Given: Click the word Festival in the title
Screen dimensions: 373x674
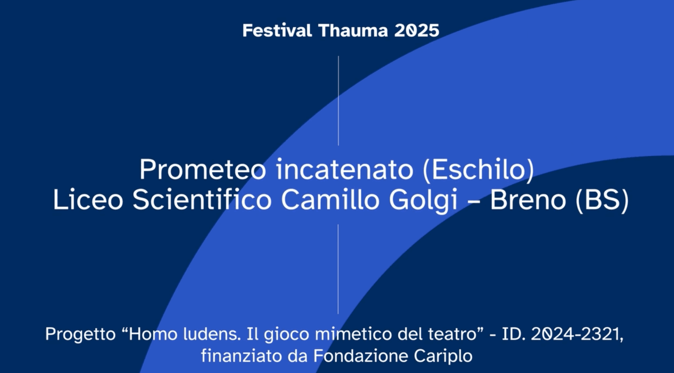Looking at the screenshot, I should click(277, 31).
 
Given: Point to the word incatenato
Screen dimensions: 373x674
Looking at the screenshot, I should click(344, 169).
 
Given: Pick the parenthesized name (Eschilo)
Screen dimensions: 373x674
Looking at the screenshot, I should click(478, 169).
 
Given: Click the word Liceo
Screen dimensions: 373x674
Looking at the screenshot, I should click(88, 200).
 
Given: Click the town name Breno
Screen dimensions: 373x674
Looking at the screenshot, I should click(528, 200).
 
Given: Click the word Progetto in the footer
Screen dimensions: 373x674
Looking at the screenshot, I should click(81, 335).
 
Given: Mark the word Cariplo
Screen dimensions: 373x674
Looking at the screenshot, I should click(443, 356).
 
